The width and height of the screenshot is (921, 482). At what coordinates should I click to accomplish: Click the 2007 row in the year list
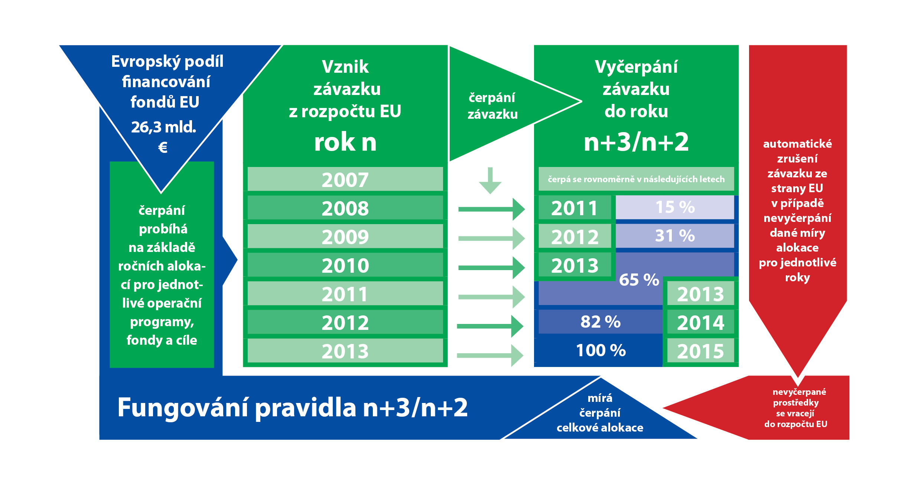tap(345, 179)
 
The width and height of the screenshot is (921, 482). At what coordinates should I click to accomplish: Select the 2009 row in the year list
tap(345, 236)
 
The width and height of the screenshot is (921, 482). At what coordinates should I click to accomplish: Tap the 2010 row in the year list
tap(345, 265)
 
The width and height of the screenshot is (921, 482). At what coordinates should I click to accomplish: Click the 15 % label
tap(675, 207)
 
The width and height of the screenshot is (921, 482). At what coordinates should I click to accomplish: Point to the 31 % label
tap(675, 236)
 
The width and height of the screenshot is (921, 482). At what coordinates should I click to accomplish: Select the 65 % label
tap(639, 280)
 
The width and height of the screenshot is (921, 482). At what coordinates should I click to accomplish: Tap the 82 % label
tap(601, 322)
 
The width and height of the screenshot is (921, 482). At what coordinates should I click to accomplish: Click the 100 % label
tap(601, 350)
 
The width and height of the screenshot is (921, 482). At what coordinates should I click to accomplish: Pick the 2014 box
tap(701, 322)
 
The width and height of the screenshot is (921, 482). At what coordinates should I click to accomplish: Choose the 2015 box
tap(701, 351)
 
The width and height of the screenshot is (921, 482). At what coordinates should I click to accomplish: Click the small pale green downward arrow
tap(490, 181)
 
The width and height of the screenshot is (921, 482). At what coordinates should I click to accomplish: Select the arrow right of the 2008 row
tap(492, 209)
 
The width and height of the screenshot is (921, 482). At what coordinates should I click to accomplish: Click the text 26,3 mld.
tap(163, 127)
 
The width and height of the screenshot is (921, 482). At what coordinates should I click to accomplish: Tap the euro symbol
tap(163, 147)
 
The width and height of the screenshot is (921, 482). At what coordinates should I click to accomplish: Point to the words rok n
tap(345, 142)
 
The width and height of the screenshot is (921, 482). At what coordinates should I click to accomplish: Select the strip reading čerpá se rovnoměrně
tap(636, 179)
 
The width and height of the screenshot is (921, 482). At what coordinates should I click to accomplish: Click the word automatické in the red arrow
tap(797, 144)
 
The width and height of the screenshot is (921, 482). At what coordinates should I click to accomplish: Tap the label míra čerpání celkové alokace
tap(600, 413)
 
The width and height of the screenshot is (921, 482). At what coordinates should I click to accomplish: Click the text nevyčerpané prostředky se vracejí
tap(795, 403)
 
